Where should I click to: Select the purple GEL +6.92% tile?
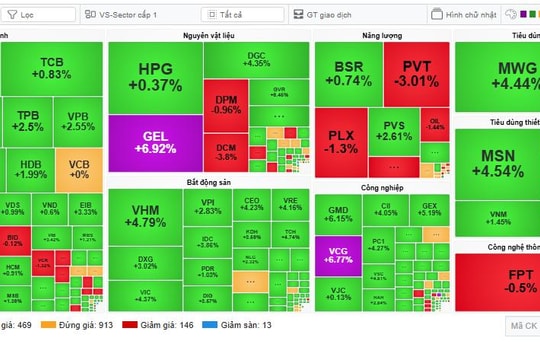coord(154,142)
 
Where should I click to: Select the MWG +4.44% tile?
coord(497,76)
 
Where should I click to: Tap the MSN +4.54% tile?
coord(497,164)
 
